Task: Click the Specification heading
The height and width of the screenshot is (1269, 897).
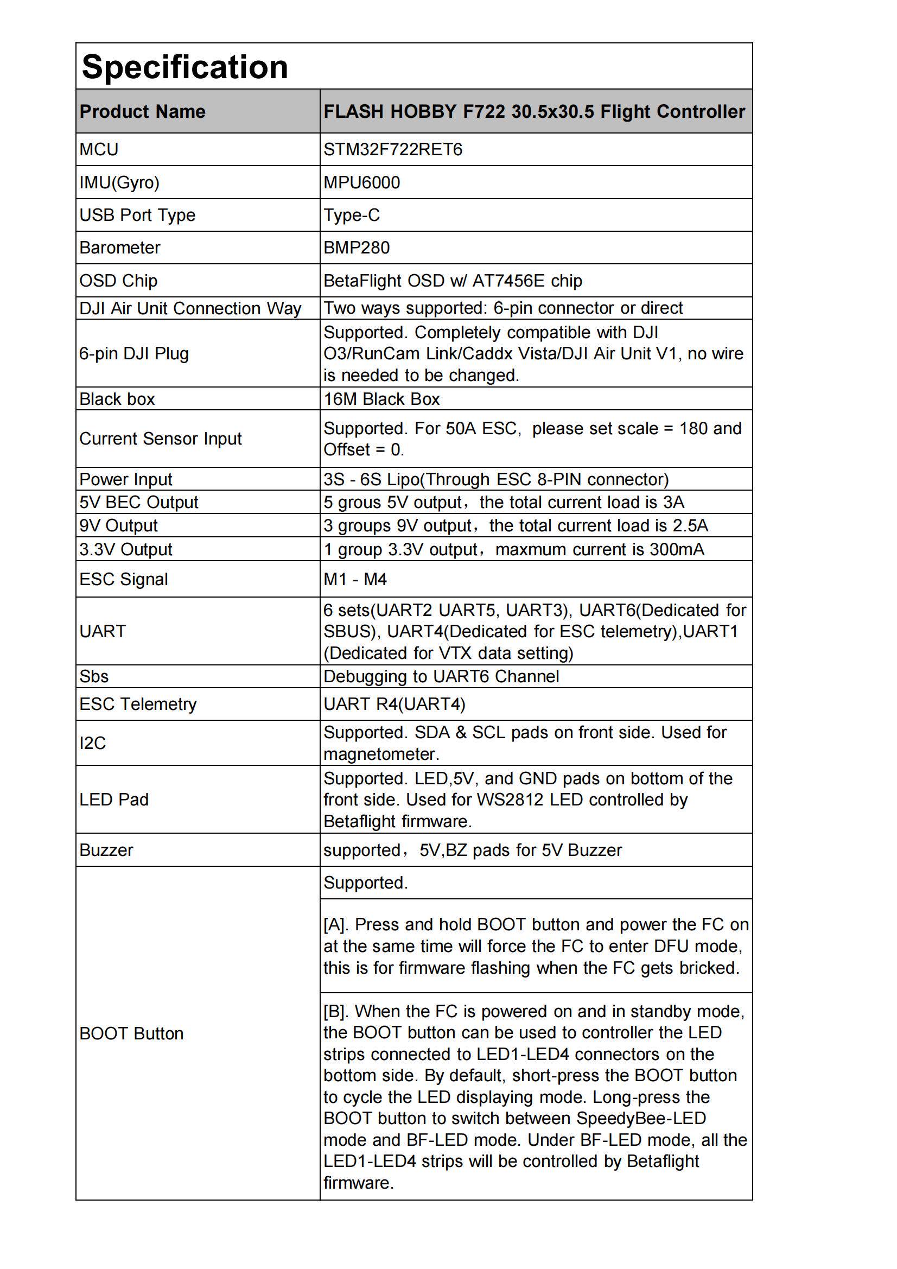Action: tap(185, 67)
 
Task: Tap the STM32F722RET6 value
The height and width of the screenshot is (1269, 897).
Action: tap(392, 149)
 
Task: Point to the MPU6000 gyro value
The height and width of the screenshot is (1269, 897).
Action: tap(361, 182)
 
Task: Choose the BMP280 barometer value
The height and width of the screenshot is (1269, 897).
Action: tap(357, 248)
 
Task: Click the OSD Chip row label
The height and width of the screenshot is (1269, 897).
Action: tap(118, 281)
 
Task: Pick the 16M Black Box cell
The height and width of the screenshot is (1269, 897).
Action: tap(381, 399)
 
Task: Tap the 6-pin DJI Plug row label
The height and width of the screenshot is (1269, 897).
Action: tap(133, 353)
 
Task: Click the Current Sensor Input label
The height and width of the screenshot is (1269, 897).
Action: tap(160, 439)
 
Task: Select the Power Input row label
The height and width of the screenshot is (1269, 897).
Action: tap(125, 479)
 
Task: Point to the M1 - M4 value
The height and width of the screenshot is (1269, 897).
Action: tap(355, 579)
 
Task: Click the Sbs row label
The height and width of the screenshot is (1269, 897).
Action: tap(94, 676)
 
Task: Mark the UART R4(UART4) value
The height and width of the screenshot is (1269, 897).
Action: tap(394, 704)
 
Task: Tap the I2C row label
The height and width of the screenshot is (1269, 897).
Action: tap(92, 744)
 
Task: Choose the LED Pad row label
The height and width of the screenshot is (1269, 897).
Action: tap(114, 800)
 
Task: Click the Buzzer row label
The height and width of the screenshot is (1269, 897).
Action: tap(106, 850)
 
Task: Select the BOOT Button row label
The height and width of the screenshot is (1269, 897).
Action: tap(131, 1033)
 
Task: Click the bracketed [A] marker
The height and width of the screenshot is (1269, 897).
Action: tap(335, 925)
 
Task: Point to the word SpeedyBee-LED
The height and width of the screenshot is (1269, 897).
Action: tap(641, 1119)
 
